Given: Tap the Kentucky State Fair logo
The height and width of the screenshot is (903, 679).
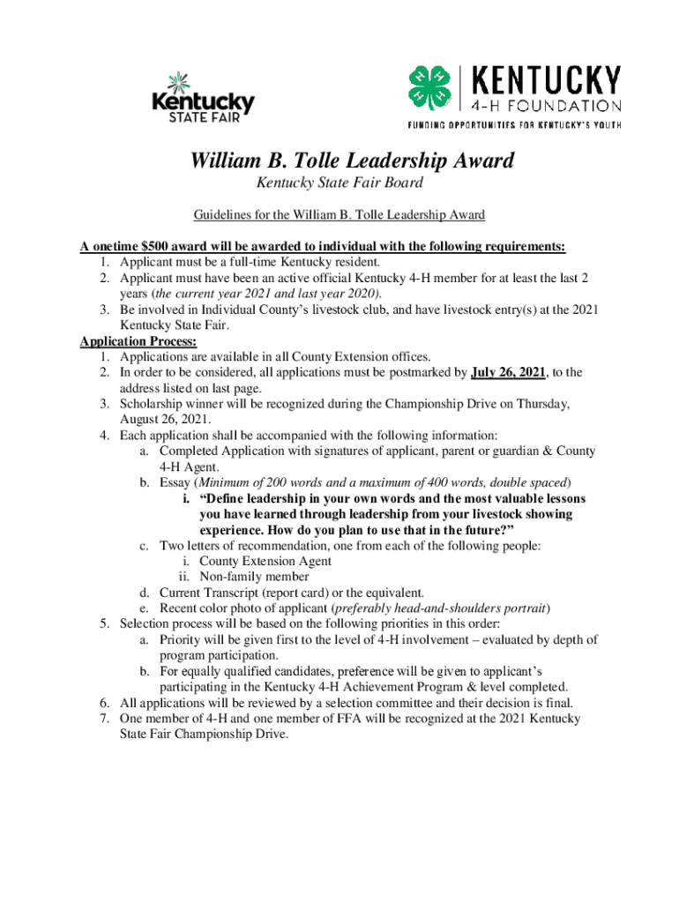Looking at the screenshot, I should coord(203,97).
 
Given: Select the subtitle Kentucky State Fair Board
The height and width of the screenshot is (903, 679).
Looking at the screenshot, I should coord(339,183).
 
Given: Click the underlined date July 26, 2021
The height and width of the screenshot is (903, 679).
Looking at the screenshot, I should coord(508,372).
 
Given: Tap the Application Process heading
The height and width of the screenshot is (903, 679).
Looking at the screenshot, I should coord(138,341).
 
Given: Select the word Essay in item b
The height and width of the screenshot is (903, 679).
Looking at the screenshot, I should coord(176,482).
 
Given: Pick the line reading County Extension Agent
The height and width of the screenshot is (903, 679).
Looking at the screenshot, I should coord(265,561).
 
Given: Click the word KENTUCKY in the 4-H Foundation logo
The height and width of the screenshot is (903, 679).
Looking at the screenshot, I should coord(548,82).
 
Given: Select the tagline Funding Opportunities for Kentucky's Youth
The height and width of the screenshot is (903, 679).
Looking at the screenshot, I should coord(514,124).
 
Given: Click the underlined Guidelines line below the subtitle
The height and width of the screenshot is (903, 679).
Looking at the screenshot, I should coord(339,215).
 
